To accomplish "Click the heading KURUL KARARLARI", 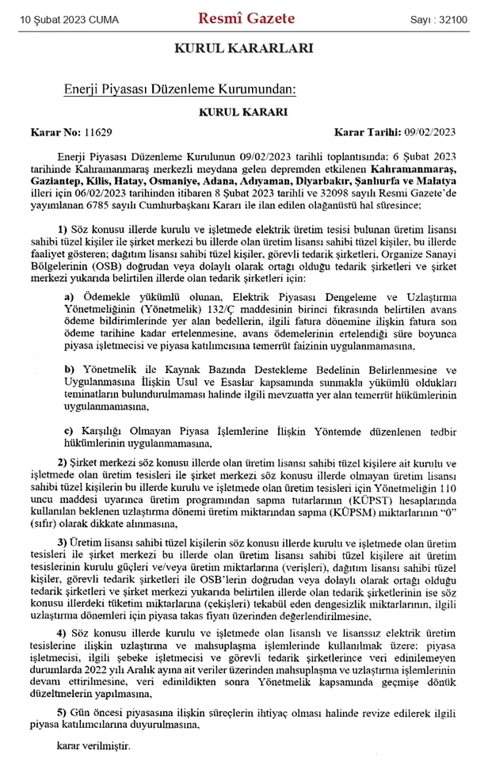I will tap(244, 48).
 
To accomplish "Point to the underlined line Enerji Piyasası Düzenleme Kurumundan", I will tap(179, 90).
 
